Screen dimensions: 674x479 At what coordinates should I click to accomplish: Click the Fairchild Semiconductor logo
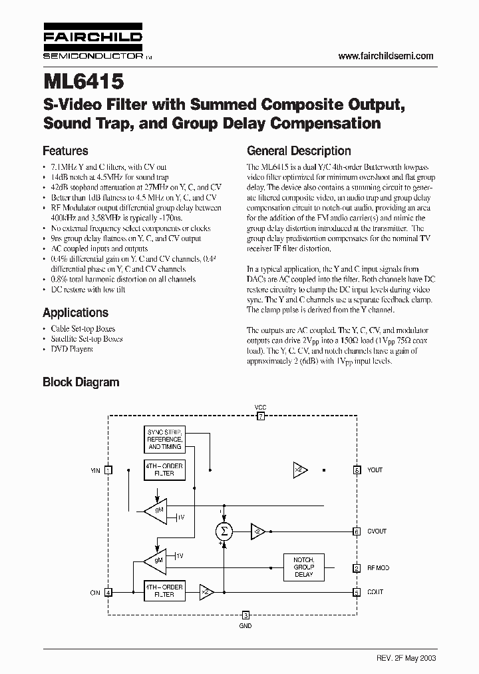click(92, 45)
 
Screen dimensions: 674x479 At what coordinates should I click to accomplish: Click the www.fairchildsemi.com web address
click(386, 57)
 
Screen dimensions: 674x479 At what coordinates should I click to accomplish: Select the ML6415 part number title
click(83, 83)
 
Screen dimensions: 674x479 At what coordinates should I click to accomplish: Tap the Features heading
click(65, 151)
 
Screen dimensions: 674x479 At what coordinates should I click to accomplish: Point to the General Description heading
click(299, 151)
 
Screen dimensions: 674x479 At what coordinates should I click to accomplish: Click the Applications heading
click(75, 312)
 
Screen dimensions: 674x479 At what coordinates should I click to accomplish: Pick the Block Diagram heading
click(80, 382)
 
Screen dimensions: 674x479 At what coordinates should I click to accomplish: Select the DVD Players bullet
click(71, 348)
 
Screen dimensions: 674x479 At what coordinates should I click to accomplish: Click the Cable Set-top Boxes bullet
click(82, 328)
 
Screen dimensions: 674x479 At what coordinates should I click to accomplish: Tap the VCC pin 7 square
click(261, 416)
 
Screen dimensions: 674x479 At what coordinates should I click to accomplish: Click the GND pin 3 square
click(245, 615)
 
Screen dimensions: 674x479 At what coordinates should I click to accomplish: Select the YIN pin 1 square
click(109, 470)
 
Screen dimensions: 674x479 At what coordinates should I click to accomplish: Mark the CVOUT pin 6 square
click(357, 531)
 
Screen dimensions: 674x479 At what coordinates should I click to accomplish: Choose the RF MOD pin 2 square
click(357, 568)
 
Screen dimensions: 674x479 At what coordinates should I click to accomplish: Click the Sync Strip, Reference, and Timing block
click(164, 439)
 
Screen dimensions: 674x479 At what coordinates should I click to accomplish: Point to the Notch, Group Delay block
click(303, 566)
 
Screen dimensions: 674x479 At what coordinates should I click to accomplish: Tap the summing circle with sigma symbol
click(224, 531)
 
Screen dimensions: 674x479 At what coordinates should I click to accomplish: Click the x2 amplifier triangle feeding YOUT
click(299, 470)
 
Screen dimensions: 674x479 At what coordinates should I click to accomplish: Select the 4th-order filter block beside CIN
click(164, 590)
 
